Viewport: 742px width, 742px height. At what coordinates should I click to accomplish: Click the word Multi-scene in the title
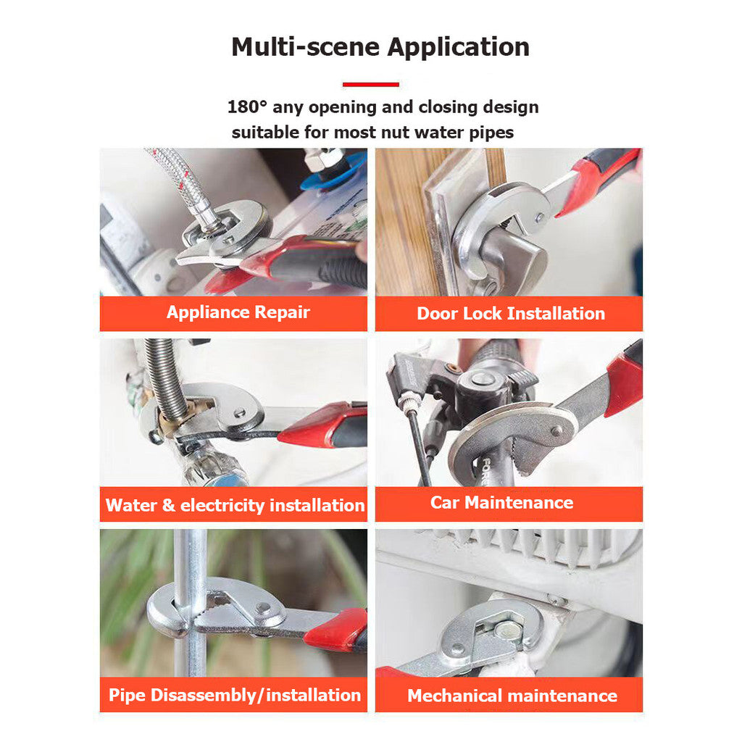point(306,47)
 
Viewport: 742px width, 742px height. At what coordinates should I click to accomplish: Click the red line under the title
point(371,85)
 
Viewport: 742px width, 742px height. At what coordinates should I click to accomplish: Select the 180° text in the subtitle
point(247,107)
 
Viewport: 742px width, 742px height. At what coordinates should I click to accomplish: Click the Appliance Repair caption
point(238,312)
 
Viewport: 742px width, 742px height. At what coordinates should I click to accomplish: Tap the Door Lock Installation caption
point(511,313)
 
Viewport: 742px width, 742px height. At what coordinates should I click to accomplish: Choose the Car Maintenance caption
point(501,503)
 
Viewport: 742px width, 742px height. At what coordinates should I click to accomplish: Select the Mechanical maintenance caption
point(512,696)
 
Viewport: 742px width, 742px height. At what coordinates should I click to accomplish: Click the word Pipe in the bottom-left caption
point(128,696)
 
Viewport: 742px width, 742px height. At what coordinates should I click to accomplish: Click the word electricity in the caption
point(223,506)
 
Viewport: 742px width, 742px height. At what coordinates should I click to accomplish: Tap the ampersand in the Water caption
point(168,505)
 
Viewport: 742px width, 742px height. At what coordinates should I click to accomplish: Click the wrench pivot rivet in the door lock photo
point(539,217)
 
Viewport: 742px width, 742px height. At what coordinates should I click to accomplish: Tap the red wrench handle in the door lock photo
point(601,180)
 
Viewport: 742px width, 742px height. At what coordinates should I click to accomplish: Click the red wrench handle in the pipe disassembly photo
point(337,630)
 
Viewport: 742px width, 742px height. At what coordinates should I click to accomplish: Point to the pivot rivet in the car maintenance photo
point(557,431)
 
